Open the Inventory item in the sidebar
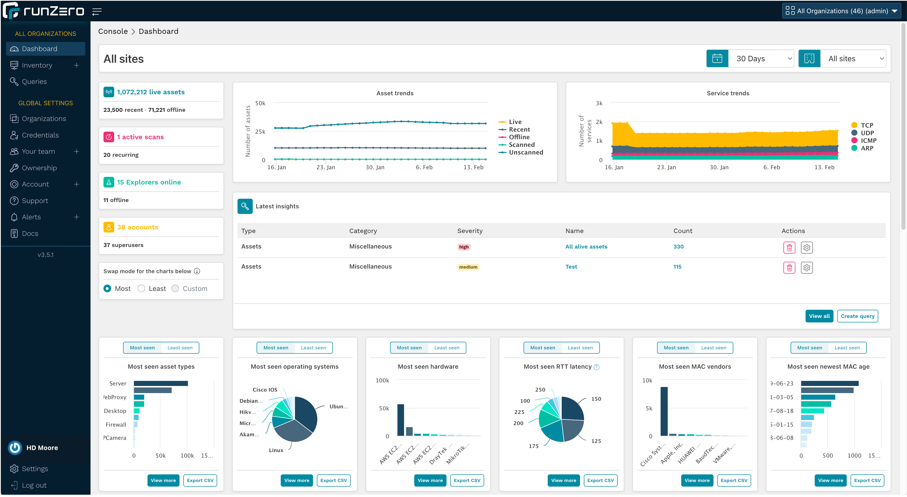[37, 65]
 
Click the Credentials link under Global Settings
[40, 135]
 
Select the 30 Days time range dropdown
[761, 59]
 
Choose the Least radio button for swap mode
[142, 288]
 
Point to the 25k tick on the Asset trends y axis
[260, 132]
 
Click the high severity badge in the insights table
[464, 247]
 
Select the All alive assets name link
[586, 246]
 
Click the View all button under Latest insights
[819, 316]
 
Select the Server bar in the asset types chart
[160, 383]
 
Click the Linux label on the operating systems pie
[276, 450]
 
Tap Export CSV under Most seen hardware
[467, 480]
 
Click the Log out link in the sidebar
[34, 485]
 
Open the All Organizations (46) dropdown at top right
[841, 11]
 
